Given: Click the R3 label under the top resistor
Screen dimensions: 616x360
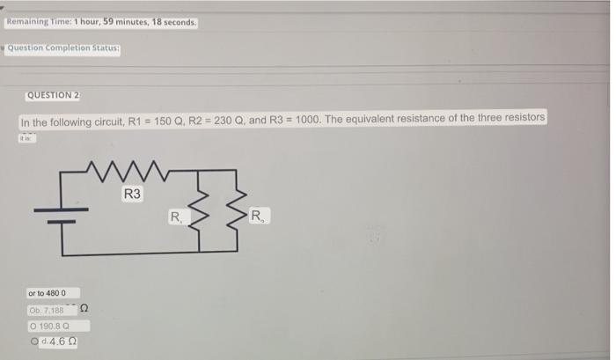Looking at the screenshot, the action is (x=133, y=194).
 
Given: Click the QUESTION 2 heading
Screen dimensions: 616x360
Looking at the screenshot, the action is (x=54, y=95).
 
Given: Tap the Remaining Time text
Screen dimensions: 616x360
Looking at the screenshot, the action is (x=101, y=19).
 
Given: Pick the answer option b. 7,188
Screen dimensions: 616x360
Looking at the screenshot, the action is (x=54, y=309).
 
